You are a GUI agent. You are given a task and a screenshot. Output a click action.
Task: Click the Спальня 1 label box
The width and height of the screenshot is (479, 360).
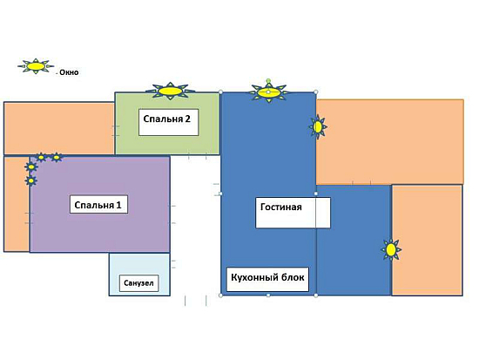[98, 204]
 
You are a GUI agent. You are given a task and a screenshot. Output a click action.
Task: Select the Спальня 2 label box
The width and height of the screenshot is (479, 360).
[168, 122]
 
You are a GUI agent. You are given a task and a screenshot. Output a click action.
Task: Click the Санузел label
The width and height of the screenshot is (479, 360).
[138, 283]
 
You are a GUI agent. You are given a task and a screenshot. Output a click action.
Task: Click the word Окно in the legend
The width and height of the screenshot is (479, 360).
[69, 72]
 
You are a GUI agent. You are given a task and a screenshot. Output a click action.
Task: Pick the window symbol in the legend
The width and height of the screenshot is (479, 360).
[36, 66]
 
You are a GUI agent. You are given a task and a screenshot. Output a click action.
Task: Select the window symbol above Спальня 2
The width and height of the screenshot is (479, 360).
[170, 91]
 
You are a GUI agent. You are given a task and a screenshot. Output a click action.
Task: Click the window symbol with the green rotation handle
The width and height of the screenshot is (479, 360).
[268, 92]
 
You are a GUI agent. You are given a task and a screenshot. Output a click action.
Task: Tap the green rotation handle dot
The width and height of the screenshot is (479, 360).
[268, 81]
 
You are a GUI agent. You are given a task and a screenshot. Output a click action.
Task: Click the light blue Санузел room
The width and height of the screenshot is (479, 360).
[139, 275]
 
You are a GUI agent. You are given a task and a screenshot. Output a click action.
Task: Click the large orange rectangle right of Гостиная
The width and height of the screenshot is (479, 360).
[390, 141]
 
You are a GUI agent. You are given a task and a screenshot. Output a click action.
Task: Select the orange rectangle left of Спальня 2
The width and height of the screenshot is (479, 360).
[59, 128]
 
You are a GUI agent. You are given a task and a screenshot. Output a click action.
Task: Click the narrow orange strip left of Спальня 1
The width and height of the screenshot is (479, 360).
[17, 204]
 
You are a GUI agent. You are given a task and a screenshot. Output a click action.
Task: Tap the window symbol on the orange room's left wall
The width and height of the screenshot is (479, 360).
[318, 126]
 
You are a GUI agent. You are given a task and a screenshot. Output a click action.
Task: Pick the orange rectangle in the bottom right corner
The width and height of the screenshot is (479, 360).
[427, 240]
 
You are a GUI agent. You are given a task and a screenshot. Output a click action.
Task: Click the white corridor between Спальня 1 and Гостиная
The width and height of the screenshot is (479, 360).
[195, 226]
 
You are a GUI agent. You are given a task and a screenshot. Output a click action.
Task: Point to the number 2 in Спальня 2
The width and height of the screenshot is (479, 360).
[187, 119]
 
